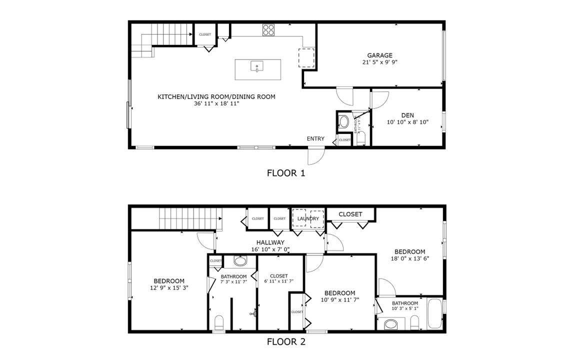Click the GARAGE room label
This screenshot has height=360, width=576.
[x=379, y=55]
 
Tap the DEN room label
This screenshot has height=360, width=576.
[x=407, y=115]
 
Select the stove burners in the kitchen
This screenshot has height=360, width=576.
[x=269, y=30]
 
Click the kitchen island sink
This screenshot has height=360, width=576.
[x=257, y=66]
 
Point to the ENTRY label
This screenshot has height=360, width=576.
[x=315, y=139]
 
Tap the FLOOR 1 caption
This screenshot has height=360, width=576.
[x=286, y=173]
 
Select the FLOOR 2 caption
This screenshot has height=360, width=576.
[x=286, y=342]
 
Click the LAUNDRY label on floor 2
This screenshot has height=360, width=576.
[x=308, y=218]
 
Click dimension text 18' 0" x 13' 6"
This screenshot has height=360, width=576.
[x=409, y=258]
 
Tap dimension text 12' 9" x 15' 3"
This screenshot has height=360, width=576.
[x=169, y=287]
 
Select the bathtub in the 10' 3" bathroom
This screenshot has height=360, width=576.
[x=434, y=313]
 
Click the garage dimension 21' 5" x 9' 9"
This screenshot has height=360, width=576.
[x=379, y=62]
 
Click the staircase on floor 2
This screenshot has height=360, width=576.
[x=190, y=218]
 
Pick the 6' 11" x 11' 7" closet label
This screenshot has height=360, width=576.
[x=278, y=276]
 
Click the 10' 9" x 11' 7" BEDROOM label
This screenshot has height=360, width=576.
[x=339, y=293]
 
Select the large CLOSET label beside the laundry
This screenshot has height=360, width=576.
[x=350, y=214]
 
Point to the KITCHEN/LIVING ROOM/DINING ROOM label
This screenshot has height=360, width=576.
[x=216, y=97]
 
